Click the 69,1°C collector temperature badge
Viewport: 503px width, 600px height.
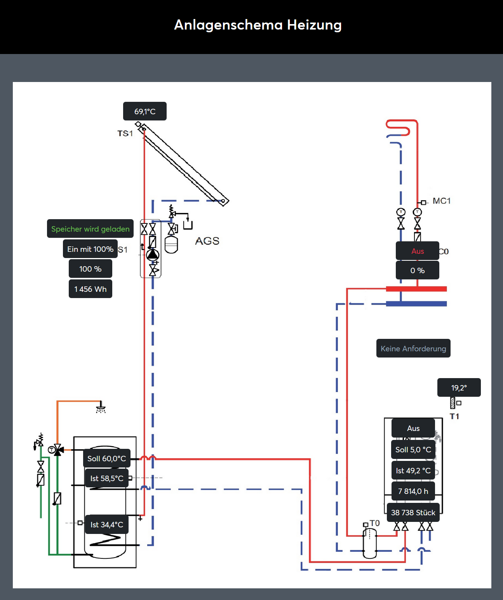[145, 111]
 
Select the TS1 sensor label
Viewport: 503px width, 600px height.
[125, 134]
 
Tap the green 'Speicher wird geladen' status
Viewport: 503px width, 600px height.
[90, 229]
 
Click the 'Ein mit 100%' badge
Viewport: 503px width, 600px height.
[90, 249]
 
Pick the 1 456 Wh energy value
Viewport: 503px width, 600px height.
[90, 289]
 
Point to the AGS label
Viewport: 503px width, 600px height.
[207, 241]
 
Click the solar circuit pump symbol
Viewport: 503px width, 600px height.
[153, 254]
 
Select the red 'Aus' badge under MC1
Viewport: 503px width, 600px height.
[418, 251]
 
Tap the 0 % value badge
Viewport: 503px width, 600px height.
[418, 270]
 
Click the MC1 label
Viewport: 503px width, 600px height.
[442, 201]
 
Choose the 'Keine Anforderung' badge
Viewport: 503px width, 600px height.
[413, 348]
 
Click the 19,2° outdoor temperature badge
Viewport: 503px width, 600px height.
[459, 388]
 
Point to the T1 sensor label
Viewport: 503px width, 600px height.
[454, 416]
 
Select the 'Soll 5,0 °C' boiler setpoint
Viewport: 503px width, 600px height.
[413, 450]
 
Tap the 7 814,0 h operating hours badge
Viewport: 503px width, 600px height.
[413, 491]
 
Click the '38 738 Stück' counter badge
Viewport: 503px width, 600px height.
[413, 512]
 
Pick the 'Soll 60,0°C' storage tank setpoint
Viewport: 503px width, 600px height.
[106, 458]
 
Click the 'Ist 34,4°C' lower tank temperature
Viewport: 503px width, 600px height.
[106, 525]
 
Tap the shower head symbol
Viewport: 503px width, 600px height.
[101, 408]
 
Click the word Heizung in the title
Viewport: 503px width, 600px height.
[314, 25]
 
